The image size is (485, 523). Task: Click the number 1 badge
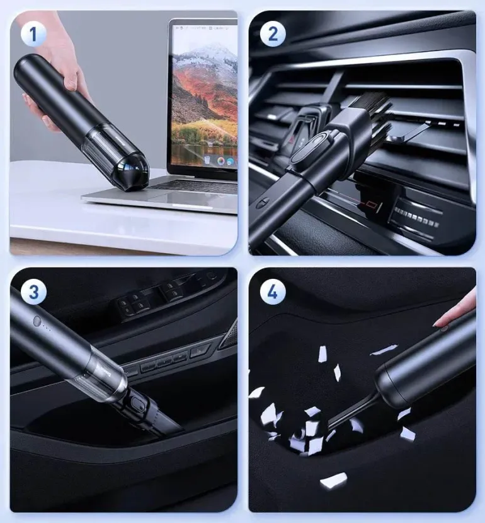[33, 34]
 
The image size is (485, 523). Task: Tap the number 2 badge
[273, 34]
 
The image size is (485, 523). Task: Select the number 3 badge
[34, 292]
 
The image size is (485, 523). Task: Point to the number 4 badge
[273, 292]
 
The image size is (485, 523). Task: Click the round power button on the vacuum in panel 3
[37, 321]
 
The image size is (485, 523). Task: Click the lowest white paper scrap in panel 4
[333, 481]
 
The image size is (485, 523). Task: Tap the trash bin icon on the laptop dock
[207, 160]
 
